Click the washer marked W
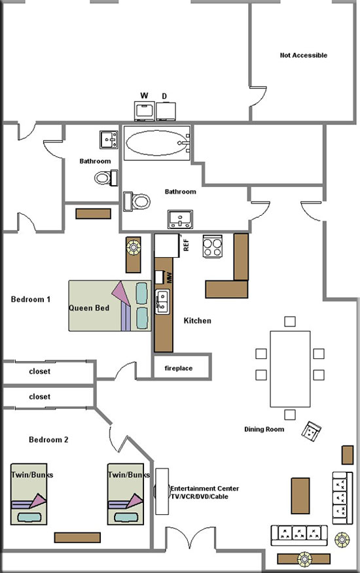[145, 111]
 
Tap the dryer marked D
[166, 111]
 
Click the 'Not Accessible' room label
[304, 55]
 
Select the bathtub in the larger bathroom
[157, 143]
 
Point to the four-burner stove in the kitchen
[213, 246]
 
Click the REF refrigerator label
[186, 245]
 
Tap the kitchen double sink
[162, 302]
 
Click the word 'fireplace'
[179, 368]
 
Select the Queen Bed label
[89, 308]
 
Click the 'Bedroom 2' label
[48, 440]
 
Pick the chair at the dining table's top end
[290, 321]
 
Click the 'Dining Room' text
[264, 429]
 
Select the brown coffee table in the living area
[300, 496]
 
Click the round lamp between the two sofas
[342, 540]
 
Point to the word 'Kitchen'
[197, 321]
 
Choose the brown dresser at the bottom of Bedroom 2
[77, 537]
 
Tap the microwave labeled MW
[159, 277]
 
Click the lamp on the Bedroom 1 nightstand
[133, 247]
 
